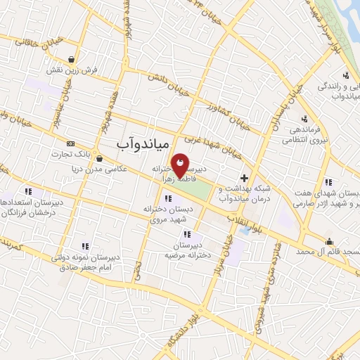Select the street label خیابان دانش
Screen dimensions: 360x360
(x=165, y=85)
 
